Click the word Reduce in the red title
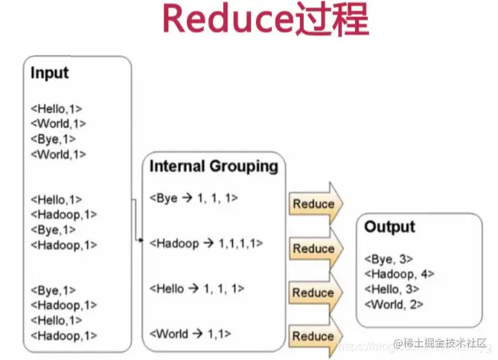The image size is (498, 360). tap(214, 20)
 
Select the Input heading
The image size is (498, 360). tap(49, 73)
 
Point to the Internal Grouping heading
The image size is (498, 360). tap(214, 166)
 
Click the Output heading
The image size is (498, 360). tap(389, 227)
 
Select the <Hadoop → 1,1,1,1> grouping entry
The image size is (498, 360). tap(205, 242)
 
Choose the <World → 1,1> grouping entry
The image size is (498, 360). tap(190, 333)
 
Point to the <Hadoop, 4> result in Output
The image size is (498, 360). tap(399, 274)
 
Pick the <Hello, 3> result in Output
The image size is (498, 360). tap(392, 289)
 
